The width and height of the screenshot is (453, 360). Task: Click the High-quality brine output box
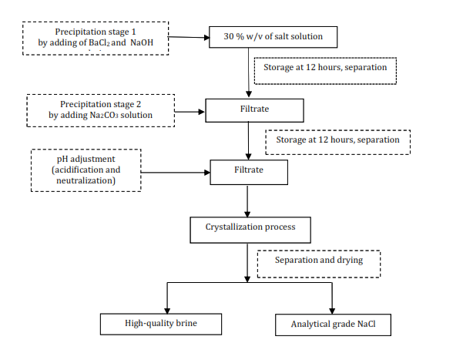click(161, 323)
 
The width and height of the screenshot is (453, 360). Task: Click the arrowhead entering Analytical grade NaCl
click(332, 308)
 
